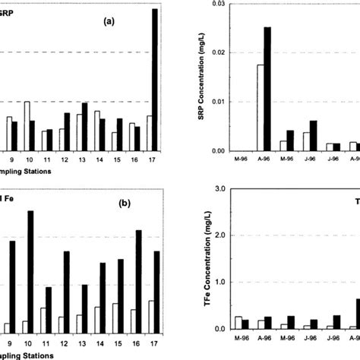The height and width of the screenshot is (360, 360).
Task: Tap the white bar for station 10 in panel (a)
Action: point(27,126)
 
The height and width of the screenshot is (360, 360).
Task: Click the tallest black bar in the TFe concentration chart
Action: point(357,314)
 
